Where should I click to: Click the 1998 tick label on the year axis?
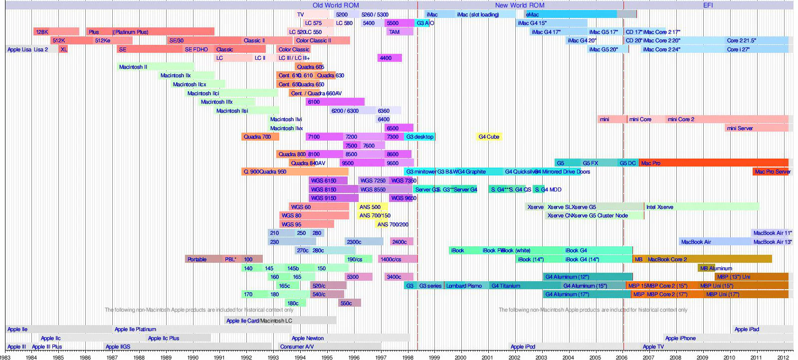click(407, 357)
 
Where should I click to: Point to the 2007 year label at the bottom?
click(648, 357)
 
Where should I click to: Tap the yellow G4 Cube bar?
click(489, 137)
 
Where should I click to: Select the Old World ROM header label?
click(336, 5)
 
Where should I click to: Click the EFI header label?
click(708, 5)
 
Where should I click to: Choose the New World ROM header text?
click(520, 5)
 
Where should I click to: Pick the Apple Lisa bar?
click(19, 49)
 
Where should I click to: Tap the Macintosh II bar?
click(156, 67)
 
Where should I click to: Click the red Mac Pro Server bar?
click(772, 172)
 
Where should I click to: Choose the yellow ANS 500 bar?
click(372, 207)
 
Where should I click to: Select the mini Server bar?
click(756, 128)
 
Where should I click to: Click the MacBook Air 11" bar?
click(772, 233)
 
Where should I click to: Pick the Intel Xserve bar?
click(701, 207)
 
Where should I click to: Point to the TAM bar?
click(399, 32)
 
